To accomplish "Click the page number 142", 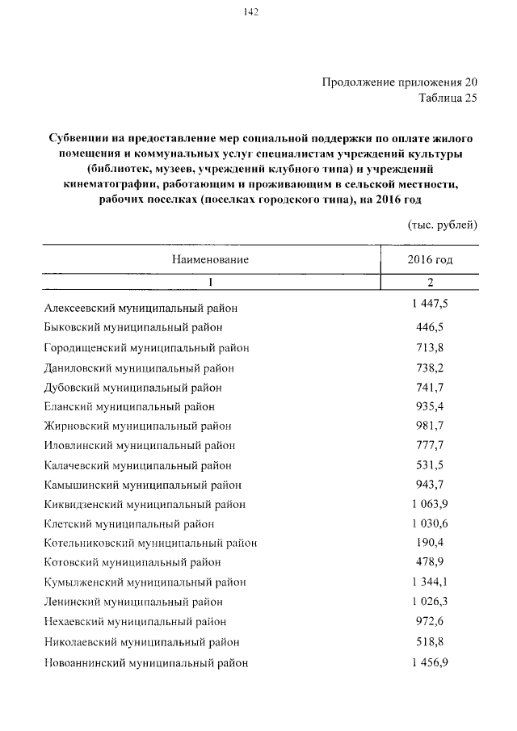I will point(250,11).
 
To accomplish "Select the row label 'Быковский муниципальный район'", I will point(133,327).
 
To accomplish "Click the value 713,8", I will point(430,347).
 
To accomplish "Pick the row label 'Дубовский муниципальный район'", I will point(134,387).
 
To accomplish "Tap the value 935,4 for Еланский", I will point(430,405).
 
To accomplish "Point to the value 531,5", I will point(430,464).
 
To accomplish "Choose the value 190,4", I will point(430,542).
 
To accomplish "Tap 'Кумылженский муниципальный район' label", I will point(145,582).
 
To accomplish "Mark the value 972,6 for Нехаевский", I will point(430,620).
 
